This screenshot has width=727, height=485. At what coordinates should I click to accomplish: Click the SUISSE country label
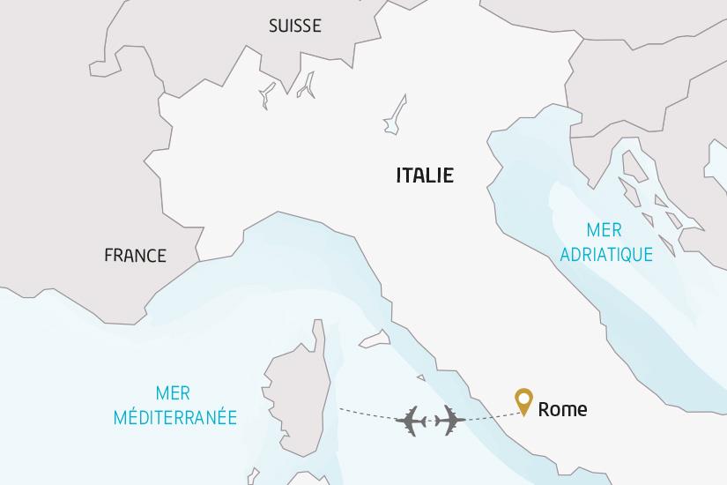[294, 26]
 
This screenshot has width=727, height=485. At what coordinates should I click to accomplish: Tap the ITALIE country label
[425, 175]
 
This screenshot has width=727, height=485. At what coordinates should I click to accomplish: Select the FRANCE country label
[135, 256]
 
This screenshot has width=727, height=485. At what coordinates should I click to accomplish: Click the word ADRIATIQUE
[606, 254]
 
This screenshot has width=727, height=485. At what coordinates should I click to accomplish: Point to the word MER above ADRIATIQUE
[605, 231]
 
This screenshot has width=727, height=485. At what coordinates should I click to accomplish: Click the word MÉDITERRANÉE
[175, 417]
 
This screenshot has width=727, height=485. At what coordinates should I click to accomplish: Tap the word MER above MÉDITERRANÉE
[173, 393]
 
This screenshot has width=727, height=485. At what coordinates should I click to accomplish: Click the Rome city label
[562, 409]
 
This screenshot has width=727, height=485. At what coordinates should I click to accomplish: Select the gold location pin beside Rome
[524, 401]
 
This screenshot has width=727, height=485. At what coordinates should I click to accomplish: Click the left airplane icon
[412, 422]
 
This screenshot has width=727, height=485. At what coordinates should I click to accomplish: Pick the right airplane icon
[449, 421]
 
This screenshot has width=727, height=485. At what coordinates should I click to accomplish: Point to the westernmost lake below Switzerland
[266, 96]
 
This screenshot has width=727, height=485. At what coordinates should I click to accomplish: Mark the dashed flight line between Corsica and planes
[366, 413]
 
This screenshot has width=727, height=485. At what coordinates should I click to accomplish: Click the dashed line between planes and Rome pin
[489, 415]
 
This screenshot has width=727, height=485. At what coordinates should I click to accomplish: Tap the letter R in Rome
[544, 409]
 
